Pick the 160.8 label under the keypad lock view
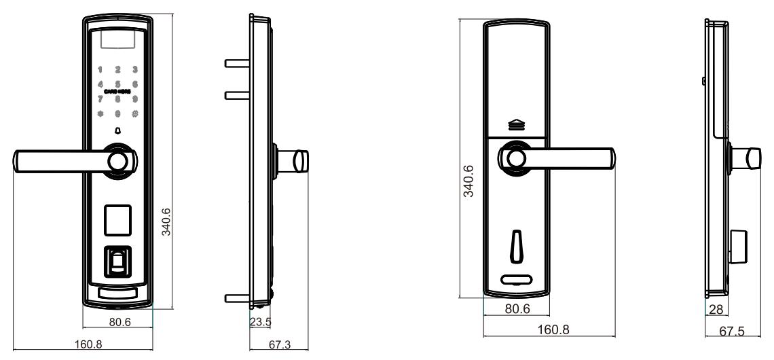pos(90,344)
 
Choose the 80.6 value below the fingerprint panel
pos(119,322)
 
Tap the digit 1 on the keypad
pos(100,69)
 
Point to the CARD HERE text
pos(118,90)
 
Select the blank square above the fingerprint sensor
pos(118,220)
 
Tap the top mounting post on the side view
pos(236,63)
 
